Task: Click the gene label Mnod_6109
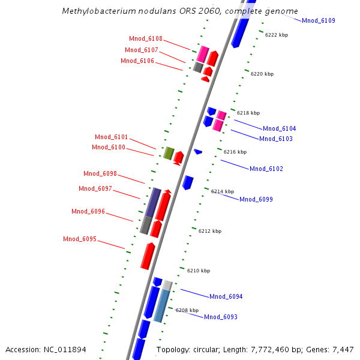click(318, 21)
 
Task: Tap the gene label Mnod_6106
click(137, 61)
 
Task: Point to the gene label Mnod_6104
click(279, 129)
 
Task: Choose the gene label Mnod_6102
click(266, 169)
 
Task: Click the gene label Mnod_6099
click(256, 200)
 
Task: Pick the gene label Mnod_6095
click(80, 239)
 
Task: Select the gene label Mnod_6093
click(221, 317)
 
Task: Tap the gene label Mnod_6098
click(100, 174)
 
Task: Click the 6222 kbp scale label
click(277, 35)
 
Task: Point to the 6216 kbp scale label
click(235, 152)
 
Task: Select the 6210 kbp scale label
click(199, 271)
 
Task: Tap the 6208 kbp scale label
click(187, 311)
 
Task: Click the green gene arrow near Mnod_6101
click(169, 154)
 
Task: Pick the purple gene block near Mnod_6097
click(153, 202)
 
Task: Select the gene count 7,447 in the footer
click(342, 350)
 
